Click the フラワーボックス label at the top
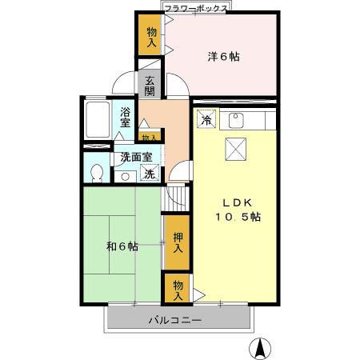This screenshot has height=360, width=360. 195,8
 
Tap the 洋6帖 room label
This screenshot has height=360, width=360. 224,56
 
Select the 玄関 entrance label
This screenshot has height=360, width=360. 150,84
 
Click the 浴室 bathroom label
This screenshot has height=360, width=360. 126,118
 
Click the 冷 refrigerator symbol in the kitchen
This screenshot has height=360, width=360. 206,120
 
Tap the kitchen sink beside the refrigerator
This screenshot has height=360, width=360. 235,121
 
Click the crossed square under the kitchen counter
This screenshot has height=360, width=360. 235,148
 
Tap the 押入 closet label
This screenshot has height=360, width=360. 177,242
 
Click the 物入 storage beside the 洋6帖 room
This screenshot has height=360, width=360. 151,36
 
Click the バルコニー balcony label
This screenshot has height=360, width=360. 174,321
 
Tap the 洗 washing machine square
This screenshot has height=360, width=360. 149,174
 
